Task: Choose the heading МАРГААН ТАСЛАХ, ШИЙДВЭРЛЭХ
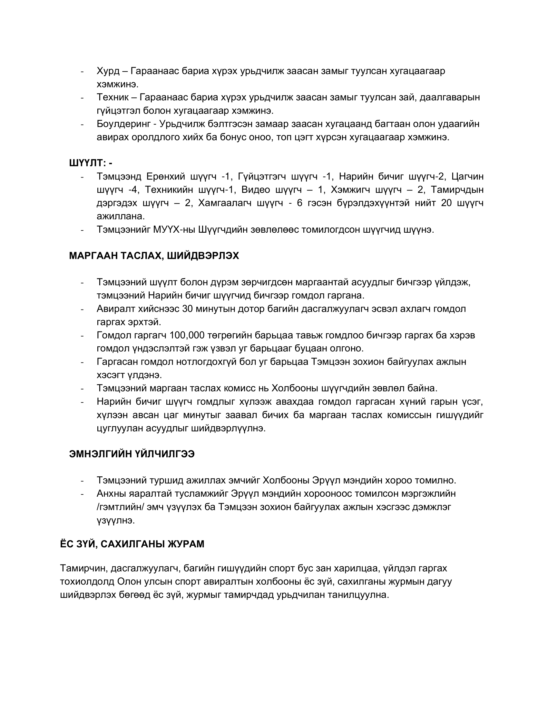[x=154, y=256]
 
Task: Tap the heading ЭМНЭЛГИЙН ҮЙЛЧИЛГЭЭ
[x=132, y=454]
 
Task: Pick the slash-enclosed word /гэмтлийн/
[x=120, y=507]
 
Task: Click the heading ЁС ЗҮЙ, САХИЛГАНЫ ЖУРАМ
[x=132, y=544]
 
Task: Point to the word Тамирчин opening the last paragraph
[x=83, y=568]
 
